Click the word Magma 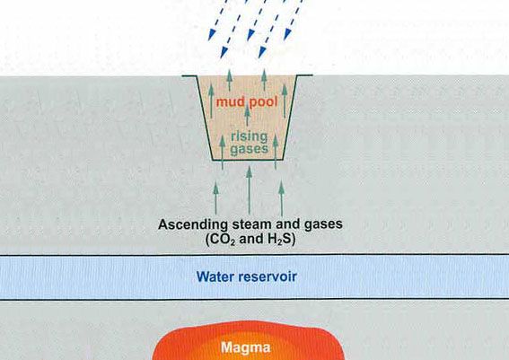[x=246, y=348]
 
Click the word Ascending [x=193, y=224]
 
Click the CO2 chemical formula [x=220, y=240]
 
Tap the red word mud [x=231, y=102]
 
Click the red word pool [x=263, y=102]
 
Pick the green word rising [x=249, y=137]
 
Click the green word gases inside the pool [x=249, y=149]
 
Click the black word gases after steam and [x=323, y=224]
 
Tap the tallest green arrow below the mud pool [x=249, y=190]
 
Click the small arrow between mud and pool [x=248, y=115]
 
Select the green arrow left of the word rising [x=223, y=152]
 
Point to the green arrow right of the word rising [x=276, y=152]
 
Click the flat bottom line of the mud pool [x=248, y=160]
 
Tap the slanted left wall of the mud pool [x=204, y=118]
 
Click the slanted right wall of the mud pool [x=290, y=118]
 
